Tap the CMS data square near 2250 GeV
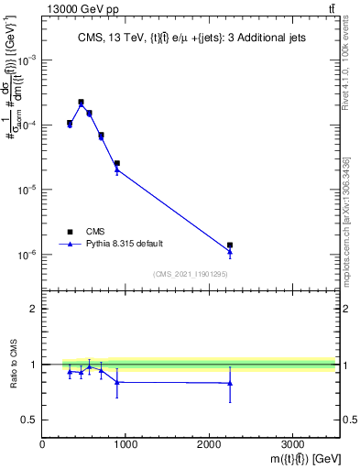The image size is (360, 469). (x=230, y=245)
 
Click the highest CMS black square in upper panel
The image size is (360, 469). (x=81, y=102)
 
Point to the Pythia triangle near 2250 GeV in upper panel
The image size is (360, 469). (x=230, y=251)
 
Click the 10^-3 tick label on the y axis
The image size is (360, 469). (x=27, y=59)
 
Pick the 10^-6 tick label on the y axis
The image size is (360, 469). (x=27, y=255)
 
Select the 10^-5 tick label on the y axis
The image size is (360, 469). (x=27, y=190)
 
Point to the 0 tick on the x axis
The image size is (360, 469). (x=43, y=444)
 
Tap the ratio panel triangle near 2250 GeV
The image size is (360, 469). (x=230, y=383)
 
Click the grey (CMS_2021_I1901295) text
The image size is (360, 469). (x=190, y=273)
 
